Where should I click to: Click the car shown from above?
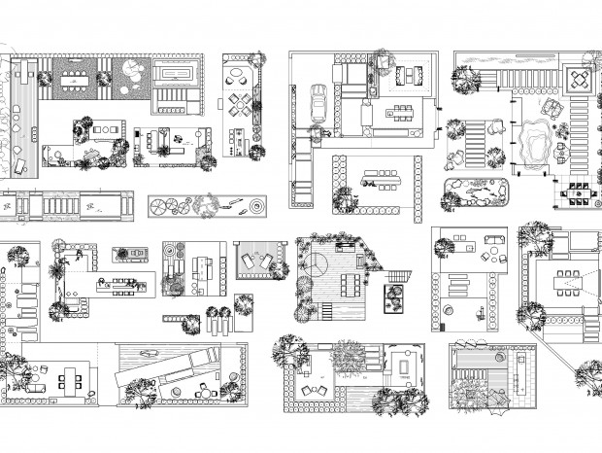pyautogui.click(x=318, y=103)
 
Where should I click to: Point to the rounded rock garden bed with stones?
pyautogui.click(x=477, y=192)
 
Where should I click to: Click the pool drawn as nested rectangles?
pyautogui.click(x=175, y=74)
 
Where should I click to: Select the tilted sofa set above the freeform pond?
pyautogui.click(x=552, y=109)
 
